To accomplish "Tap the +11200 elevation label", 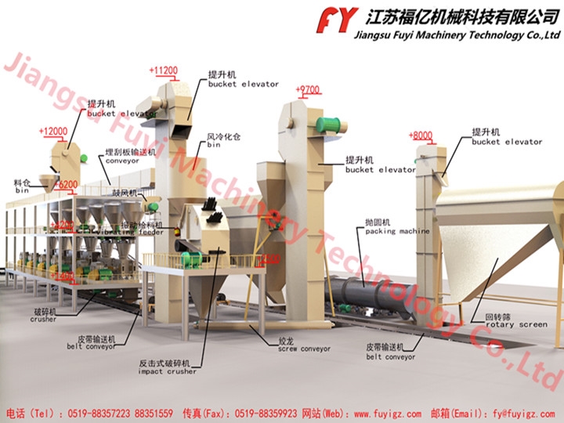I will [x=163, y=70].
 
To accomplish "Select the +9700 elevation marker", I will [x=308, y=90].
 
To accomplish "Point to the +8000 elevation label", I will [x=421, y=136].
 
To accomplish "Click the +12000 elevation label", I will [x=52, y=132].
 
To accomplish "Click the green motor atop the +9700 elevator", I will [x=330, y=125].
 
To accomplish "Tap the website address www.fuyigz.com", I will [x=385, y=412].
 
